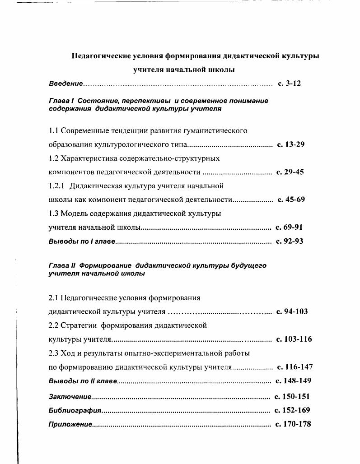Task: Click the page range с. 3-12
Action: (x=289, y=84)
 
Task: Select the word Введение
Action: (x=65, y=84)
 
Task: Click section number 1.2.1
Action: (x=57, y=186)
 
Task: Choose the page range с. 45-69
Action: (x=291, y=200)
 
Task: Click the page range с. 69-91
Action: (x=289, y=227)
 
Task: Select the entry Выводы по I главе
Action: (x=82, y=241)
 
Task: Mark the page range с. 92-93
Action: (x=289, y=241)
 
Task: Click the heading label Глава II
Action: (x=62, y=266)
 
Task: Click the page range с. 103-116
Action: (x=293, y=339)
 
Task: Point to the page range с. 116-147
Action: (x=295, y=367)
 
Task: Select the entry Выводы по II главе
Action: (x=83, y=381)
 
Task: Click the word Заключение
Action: (x=70, y=397)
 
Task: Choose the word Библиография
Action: (x=75, y=411)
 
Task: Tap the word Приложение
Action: (x=70, y=425)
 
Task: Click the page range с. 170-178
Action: (x=293, y=424)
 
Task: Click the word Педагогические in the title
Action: (x=101, y=56)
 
